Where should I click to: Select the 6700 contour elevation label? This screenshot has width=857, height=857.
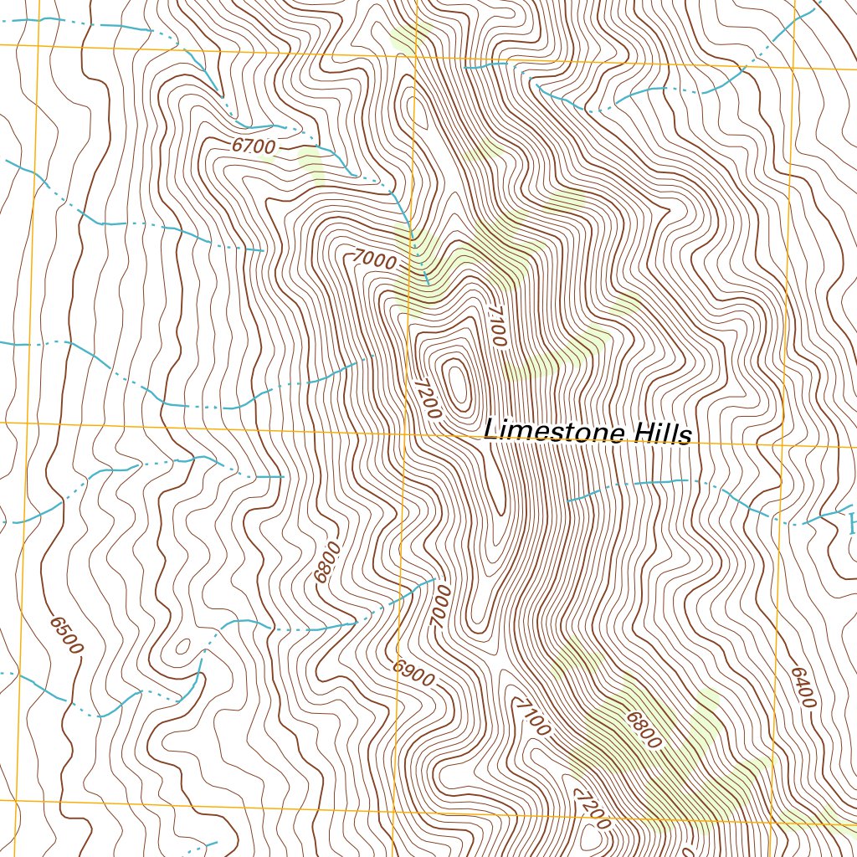tap(253, 146)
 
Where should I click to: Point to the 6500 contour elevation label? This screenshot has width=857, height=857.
tap(66, 636)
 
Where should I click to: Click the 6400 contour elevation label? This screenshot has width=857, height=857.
tap(802, 687)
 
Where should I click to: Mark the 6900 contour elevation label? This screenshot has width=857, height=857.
tap(414, 673)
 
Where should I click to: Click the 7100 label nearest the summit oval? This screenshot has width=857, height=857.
tap(495, 327)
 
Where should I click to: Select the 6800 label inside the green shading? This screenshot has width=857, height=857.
tap(642, 730)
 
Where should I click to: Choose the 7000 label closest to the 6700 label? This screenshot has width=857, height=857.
tap(374, 260)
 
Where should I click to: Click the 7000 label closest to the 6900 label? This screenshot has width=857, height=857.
tap(440, 607)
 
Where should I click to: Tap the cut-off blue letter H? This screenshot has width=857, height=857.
tap(851, 526)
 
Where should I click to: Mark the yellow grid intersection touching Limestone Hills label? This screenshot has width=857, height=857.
tap(404, 434)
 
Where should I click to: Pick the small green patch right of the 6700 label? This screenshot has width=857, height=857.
tap(311, 163)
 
